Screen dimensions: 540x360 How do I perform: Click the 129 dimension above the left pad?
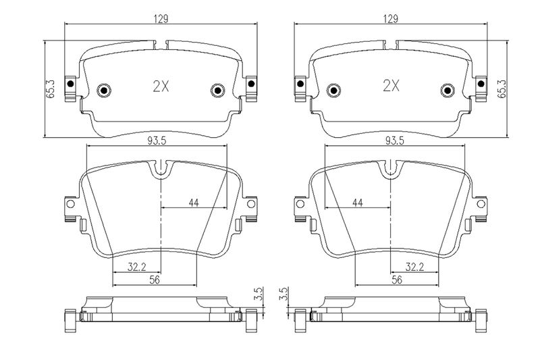pyautogui.click(x=161, y=19)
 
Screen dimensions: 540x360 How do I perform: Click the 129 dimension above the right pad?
pyautogui.click(x=391, y=19)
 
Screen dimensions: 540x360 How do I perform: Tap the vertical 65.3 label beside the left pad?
pyautogui.click(x=51, y=88)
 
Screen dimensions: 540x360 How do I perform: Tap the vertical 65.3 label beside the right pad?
pyautogui.click(x=502, y=88)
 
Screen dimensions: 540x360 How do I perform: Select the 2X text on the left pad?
pyautogui.click(x=161, y=86)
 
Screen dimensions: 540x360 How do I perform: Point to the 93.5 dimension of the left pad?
pyautogui.click(x=157, y=140)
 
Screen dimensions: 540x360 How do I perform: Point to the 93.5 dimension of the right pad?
pyautogui.click(x=395, y=140)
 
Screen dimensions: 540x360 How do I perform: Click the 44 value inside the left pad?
pyautogui.click(x=194, y=203)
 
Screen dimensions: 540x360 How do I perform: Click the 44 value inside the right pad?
pyautogui.click(x=358, y=203)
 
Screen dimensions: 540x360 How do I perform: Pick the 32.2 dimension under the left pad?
pyautogui.click(x=137, y=267)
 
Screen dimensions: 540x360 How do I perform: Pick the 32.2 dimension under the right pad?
pyautogui.click(x=414, y=267)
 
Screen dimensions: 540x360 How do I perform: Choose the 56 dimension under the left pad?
pyautogui.click(x=155, y=280)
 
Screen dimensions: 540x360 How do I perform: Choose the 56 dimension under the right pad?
pyautogui.click(x=397, y=280)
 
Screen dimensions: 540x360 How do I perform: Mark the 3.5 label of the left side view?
pyautogui.click(x=259, y=294)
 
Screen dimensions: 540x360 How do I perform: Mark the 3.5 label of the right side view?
pyautogui.click(x=283, y=294)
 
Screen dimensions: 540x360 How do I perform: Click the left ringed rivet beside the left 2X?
pyautogui.click(x=104, y=91)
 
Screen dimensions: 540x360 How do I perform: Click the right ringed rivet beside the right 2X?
pyautogui.click(x=448, y=91)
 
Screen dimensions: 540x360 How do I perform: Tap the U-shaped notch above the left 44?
pyautogui.click(x=161, y=170)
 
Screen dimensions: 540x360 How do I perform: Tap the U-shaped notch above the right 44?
pyautogui.click(x=391, y=170)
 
